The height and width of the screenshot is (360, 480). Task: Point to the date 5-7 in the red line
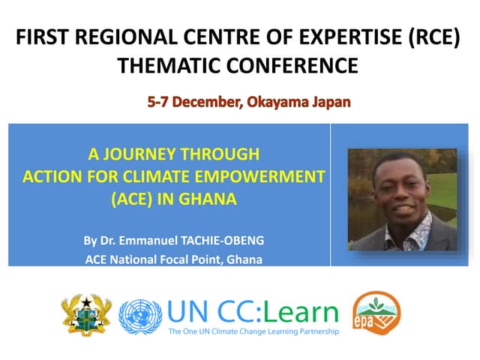[x=159, y=101]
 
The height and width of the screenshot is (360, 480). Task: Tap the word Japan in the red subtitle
[x=330, y=101]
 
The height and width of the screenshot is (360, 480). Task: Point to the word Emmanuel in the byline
[x=147, y=241]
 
